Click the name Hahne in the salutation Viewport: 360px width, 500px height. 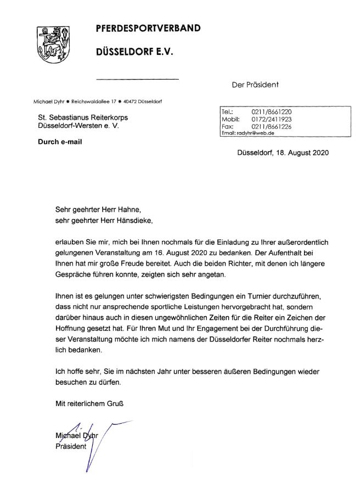tap(136, 209)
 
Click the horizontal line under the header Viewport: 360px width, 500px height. tap(138, 80)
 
